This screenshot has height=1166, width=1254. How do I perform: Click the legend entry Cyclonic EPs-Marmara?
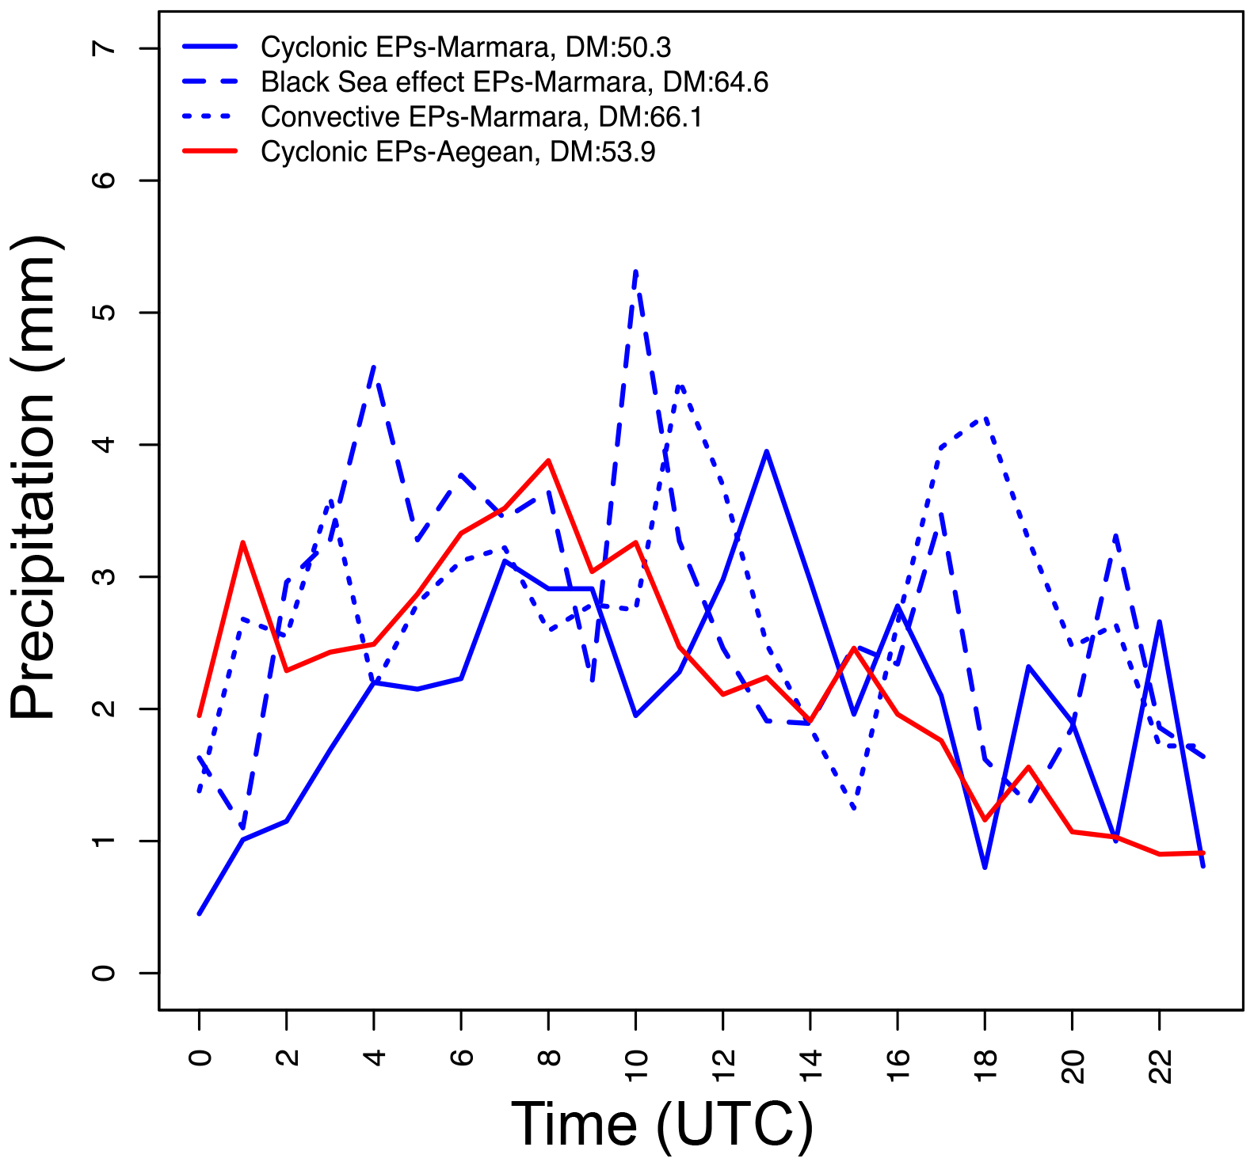[x=466, y=47]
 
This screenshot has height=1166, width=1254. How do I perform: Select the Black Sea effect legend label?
[x=514, y=82]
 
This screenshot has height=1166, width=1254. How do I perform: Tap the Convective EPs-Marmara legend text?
[x=482, y=117]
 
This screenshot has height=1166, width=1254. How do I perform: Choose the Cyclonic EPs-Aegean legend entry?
[x=458, y=152]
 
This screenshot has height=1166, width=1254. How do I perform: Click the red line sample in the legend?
[x=210, y=150]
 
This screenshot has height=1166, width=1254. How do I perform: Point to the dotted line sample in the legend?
[x=210, y=116]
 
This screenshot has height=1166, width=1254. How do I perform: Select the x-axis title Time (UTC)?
[x=662, y=1124]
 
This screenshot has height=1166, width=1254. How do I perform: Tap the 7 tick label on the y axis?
[x=104, y=48]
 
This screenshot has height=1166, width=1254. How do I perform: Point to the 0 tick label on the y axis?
[x=104, y=973]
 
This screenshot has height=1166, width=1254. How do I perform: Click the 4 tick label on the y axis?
[x=104, y=445]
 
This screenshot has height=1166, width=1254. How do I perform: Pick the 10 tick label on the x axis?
[x=636, y=1065]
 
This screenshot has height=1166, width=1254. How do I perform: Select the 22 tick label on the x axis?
[x=1160, y=1065]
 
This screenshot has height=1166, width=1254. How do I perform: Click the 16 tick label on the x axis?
[x=898, y=1065]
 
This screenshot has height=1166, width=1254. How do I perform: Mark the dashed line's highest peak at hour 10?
[x=636, y=272]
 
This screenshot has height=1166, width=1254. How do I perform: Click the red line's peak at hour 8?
[x=548, y=460]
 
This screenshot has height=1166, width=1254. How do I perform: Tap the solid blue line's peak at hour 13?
[x=767, y=451]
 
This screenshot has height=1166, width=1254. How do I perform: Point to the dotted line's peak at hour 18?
[x=985, y=418]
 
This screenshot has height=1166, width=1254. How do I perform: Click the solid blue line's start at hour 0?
[x=199, y=914]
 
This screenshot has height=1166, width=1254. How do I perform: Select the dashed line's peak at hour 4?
[x=374, y=366]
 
